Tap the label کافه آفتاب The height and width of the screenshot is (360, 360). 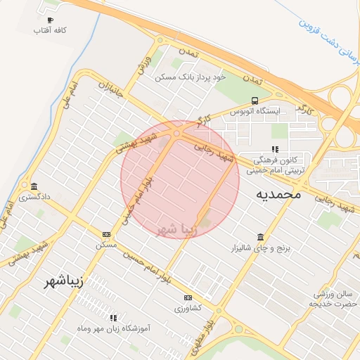tap(50, 32)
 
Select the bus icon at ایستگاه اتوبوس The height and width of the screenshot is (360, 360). tap(254, 101)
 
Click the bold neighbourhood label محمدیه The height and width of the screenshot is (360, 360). tap(278, 193)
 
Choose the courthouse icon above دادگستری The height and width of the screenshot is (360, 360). tap(34, 186)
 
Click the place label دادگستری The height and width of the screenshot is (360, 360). tap(34, 198)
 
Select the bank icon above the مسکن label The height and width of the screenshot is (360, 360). tap(106, 234)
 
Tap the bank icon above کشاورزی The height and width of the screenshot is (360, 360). tap(188, 297)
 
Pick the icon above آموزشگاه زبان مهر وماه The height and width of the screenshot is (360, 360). tap(113, 318)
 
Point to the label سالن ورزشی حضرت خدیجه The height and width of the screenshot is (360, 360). tap(333, 298)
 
